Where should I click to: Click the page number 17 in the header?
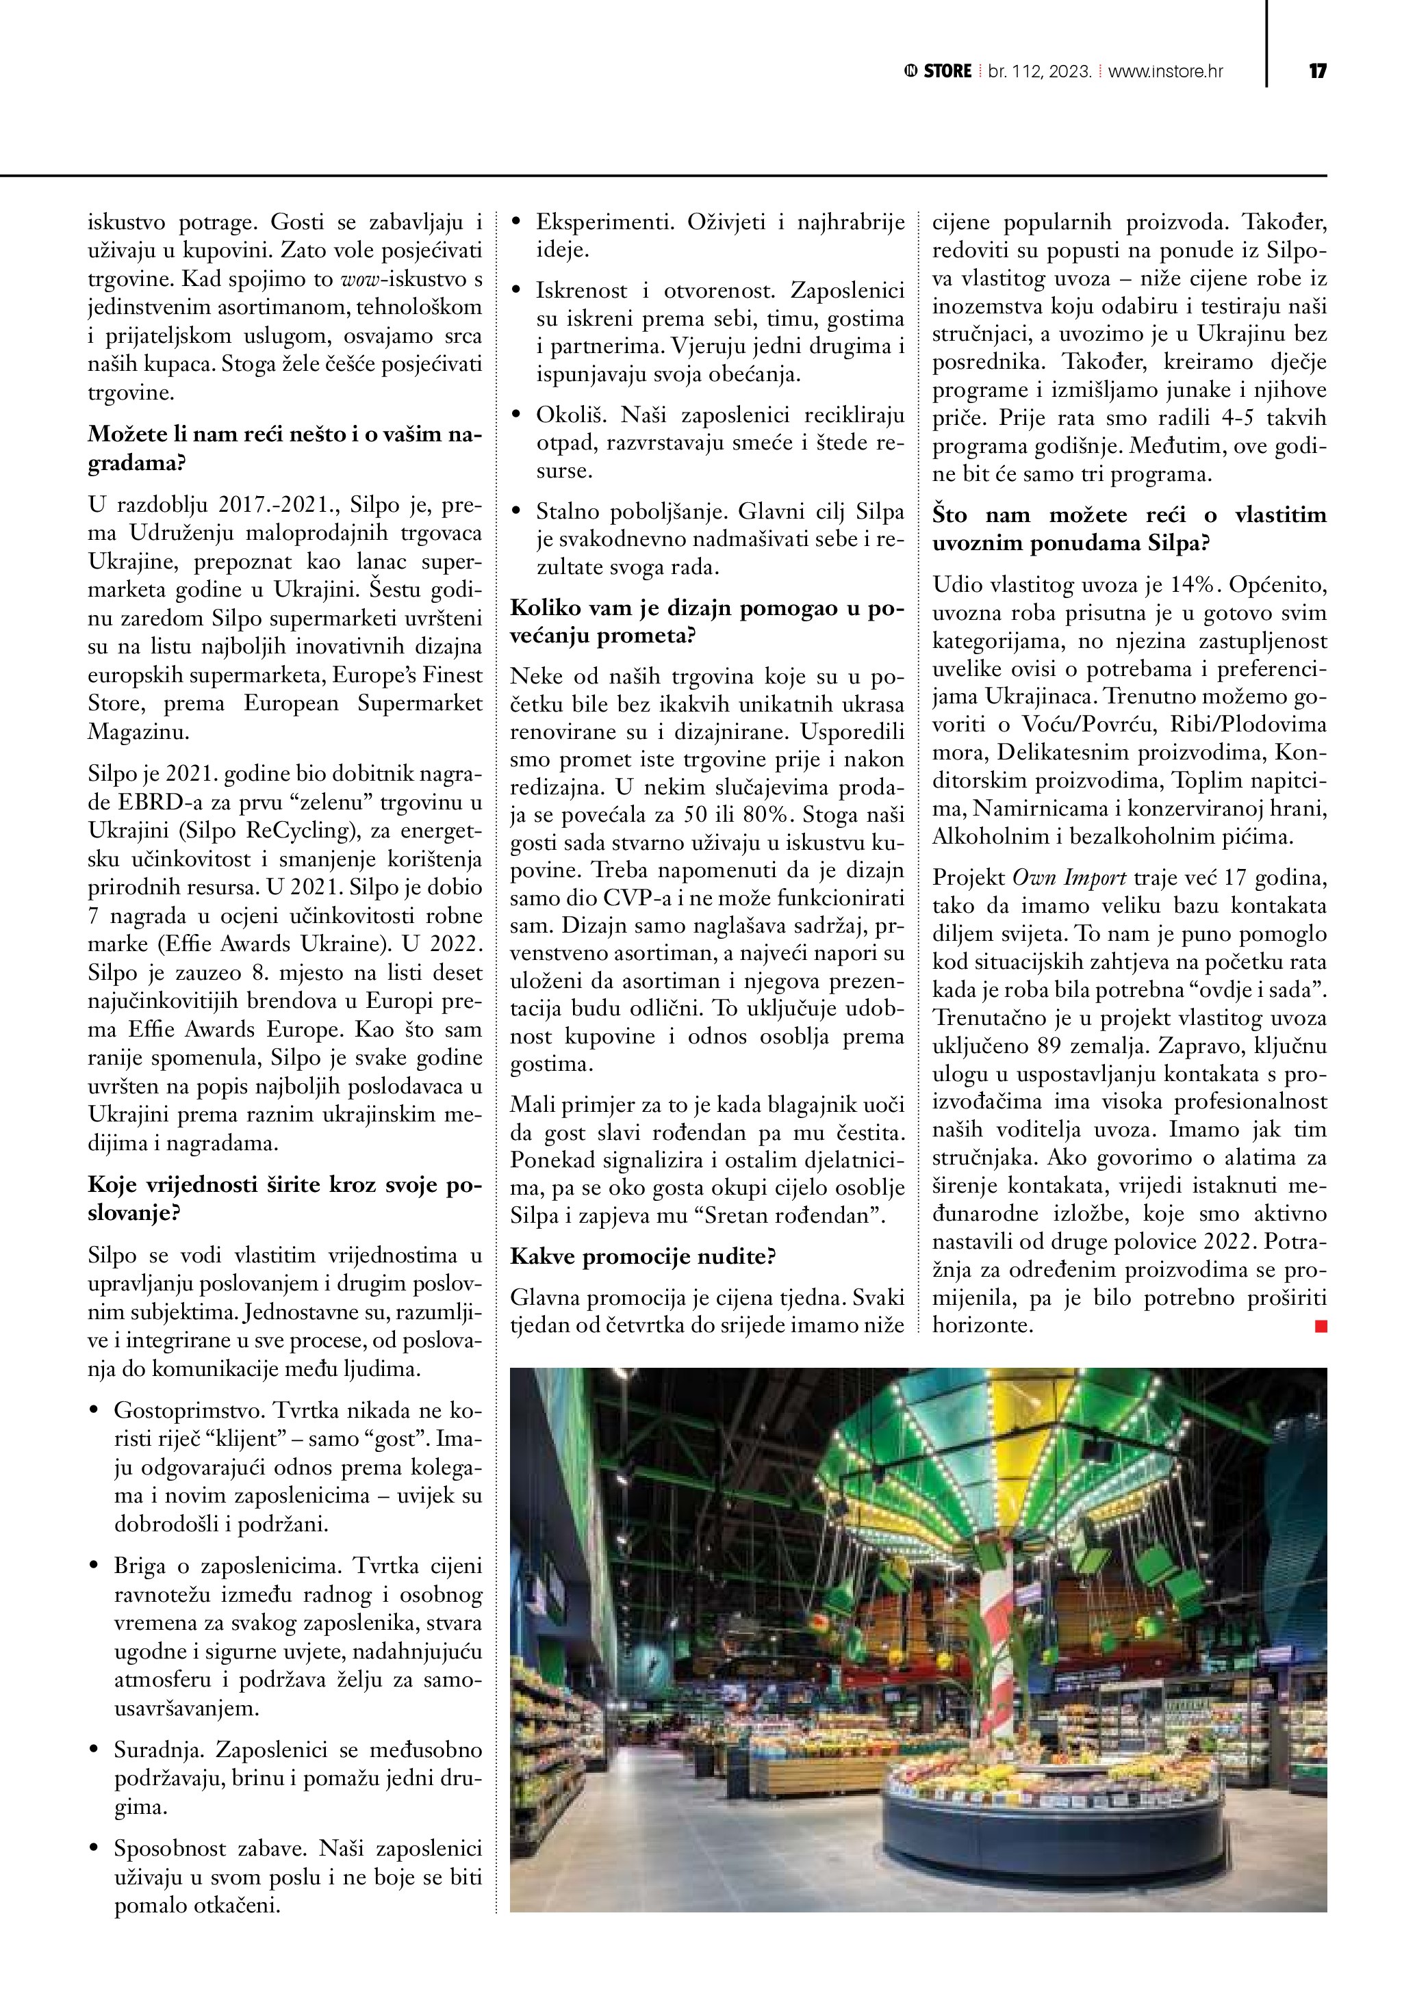coord(1317,71)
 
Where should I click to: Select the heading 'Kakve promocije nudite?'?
coord(642,1256)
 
